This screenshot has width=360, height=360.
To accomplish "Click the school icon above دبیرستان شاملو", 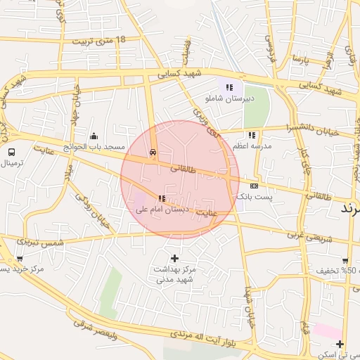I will [229, 87].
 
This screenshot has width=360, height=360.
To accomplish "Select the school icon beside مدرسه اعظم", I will [252, 135].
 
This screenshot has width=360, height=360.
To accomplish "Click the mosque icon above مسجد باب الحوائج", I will [94, 136].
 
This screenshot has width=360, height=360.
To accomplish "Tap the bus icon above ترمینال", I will [11, 152].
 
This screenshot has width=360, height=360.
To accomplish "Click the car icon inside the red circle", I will [153, 152].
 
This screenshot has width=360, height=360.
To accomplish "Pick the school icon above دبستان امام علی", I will [162, 199].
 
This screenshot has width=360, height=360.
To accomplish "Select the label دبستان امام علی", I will [162, 210].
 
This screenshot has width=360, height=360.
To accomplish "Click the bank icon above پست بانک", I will [254, 186].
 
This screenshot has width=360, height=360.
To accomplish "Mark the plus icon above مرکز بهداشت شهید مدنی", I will [174, 258].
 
